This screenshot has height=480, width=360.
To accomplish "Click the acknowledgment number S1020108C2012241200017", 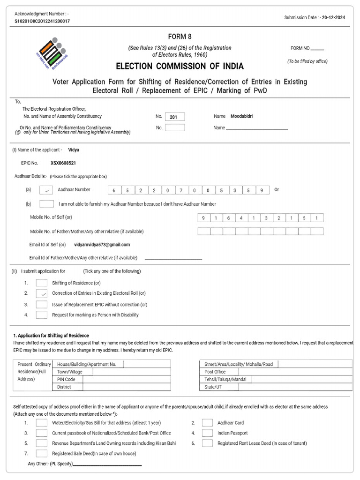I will click(x=42, y=22).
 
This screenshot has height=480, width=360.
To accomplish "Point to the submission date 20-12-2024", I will click(x=337, y=18).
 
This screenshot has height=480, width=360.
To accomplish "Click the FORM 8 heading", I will click(x=180, y=37).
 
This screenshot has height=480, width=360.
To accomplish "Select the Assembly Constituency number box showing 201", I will click(x=174, y=117).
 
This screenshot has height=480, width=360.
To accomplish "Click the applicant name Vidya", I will click(x=74, y=150).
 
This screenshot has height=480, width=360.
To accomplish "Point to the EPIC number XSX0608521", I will click(x=63, y=163).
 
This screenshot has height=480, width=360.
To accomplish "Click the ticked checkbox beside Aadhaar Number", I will click(x=46, y=190).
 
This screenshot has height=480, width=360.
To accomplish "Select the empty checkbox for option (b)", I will click(x=46, y=204).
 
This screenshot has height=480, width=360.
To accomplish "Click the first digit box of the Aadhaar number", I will click(x=113, y=190).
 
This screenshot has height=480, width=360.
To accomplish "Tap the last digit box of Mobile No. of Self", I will click(x=317, y=218).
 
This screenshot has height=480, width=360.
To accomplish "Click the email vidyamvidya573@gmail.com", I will click(x=102, y=245).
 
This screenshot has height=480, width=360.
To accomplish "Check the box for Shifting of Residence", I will click(x=42, y=283).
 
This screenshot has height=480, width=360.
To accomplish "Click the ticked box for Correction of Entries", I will click(x=42, y=293).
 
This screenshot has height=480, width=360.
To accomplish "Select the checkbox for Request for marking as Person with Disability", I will click(x=42, y=315).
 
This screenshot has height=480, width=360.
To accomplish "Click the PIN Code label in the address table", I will click(x=66, y=379).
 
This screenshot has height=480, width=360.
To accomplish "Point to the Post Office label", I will click(x=215, y=372).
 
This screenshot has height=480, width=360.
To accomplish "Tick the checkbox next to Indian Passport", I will click(x=207, y=433).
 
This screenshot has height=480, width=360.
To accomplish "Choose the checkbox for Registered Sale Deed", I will click(x=42, y=453).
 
